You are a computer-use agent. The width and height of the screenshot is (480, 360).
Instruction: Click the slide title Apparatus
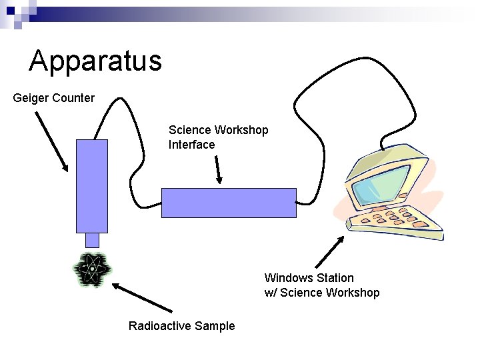95,61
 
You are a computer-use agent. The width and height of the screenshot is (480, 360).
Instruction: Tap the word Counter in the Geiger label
73,98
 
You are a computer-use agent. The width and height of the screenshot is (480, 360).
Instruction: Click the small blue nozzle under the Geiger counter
92,239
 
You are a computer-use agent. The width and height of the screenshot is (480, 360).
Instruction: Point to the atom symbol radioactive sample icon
92,271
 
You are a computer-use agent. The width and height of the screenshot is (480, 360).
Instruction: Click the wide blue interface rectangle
229,203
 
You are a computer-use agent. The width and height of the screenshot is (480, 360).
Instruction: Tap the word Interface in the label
192,145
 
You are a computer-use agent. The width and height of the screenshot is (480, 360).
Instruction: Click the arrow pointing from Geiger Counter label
51,141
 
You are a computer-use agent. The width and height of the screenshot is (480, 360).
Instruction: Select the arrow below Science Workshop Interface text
218,169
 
